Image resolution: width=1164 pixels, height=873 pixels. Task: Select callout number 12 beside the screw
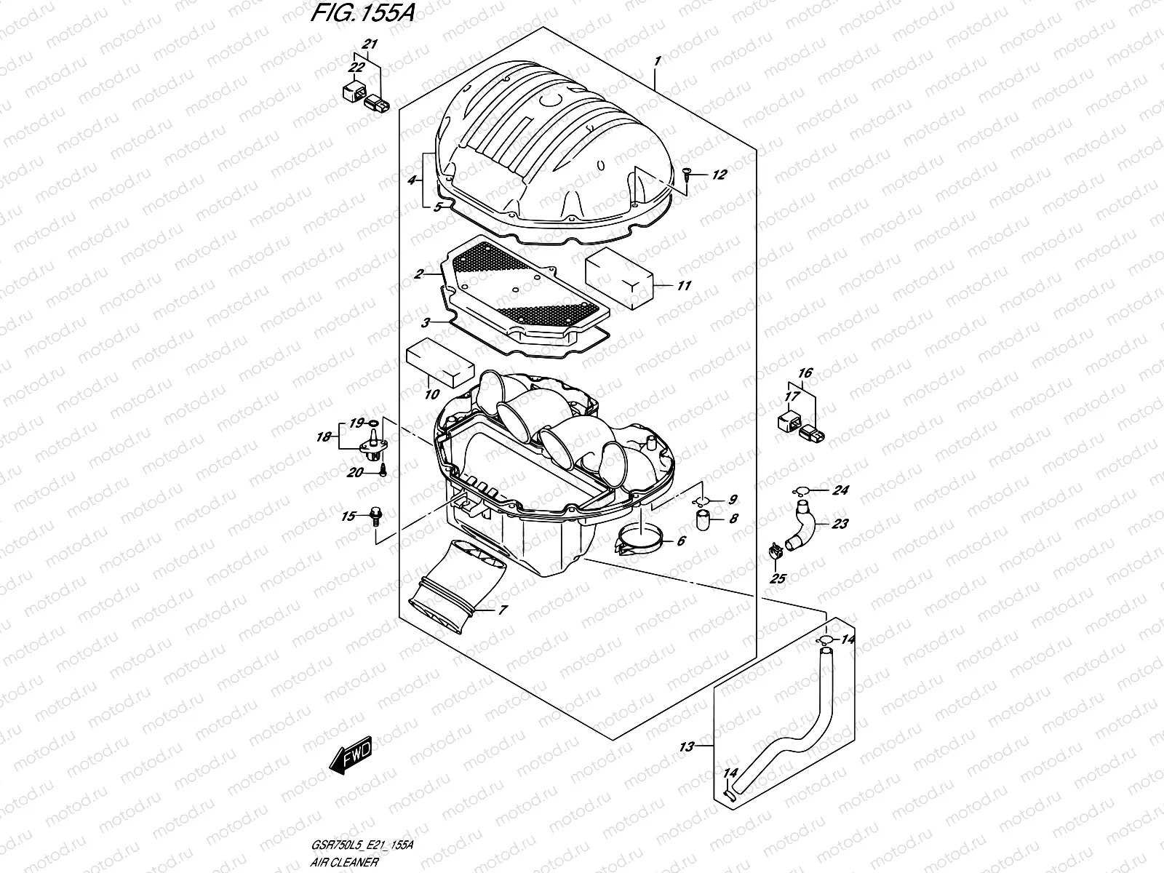[x=719, y=175]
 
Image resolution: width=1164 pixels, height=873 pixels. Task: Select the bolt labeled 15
[x=376, y=517]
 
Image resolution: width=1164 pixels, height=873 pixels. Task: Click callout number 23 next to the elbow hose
[x=840, y=524]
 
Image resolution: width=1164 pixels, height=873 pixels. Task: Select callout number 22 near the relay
[x=356, y=68]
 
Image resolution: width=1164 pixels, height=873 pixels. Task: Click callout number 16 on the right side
[x=804, y=373]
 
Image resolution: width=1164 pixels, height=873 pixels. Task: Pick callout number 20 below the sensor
[x=354, y=473]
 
